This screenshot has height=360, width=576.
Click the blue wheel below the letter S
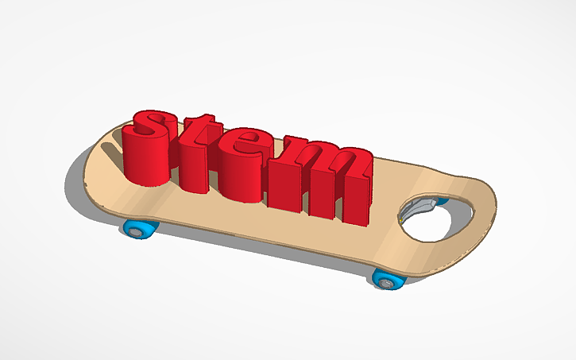(x=140, y=230)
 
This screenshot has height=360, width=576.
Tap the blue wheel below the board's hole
(x=386, y=279)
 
